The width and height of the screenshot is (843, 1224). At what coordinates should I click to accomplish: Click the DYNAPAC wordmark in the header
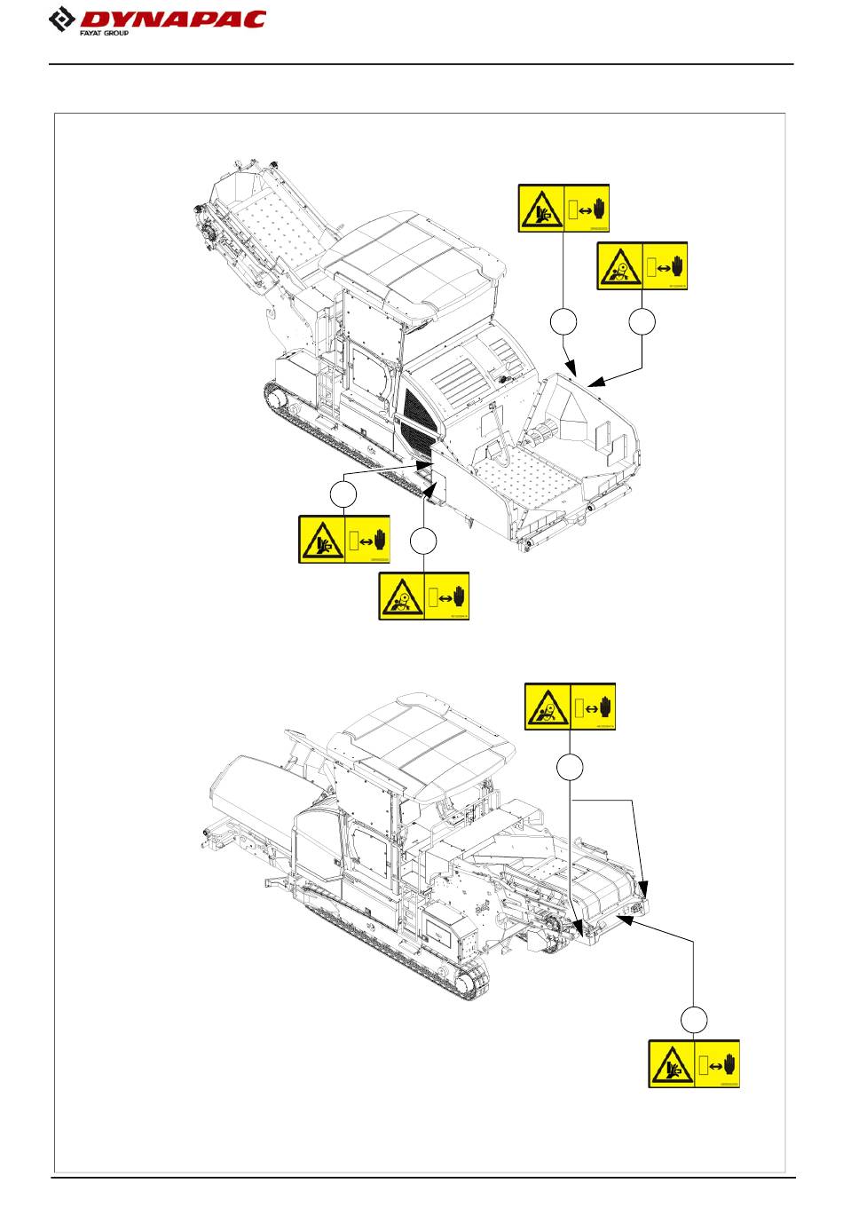pos(173,19)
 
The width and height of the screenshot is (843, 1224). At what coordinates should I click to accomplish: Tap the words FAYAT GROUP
pos(104,33)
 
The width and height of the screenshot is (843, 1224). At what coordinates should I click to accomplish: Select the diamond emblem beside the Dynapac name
pos(62,20)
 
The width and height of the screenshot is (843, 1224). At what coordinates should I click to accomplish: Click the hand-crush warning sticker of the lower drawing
pos(694,1063)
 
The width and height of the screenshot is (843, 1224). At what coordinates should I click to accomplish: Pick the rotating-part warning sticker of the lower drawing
pos(570,706)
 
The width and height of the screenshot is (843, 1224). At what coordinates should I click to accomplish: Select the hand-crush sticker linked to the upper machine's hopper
pos(563,209)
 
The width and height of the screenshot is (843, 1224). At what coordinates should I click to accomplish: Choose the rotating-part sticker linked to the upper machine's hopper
pos(642,265)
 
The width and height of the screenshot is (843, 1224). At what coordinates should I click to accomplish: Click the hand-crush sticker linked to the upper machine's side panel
pos(344,539)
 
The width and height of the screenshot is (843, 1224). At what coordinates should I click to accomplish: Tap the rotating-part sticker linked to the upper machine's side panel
pos(424,596)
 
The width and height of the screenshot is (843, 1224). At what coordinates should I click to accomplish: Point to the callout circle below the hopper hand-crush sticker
pos(563,322)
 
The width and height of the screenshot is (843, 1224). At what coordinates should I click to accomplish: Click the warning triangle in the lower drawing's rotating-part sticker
pos(548,707)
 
